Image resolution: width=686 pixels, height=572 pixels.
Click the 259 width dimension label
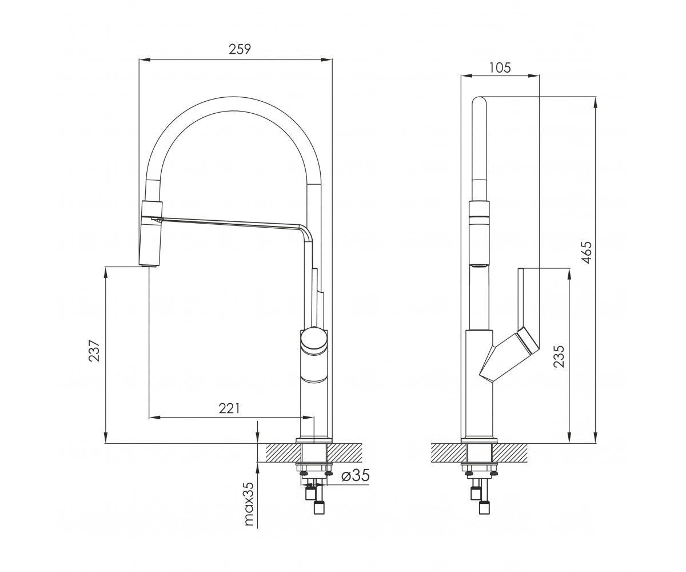point(240,49)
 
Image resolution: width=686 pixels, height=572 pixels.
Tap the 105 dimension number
point(500,67)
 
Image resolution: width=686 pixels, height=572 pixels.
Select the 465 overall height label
point(586,252)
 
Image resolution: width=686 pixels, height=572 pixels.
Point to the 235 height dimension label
point(559,356)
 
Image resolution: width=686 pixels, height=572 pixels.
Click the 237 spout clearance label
point(94,351)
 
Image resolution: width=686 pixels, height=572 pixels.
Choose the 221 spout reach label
point(229,408)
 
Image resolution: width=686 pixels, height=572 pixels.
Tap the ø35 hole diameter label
point(356,476)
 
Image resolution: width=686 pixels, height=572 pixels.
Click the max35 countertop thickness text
point(250,509)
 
